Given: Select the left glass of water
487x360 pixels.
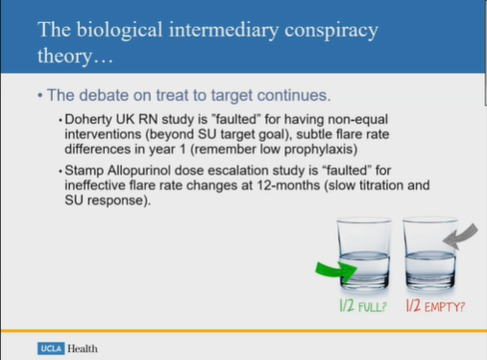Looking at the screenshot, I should [x=373, y=252].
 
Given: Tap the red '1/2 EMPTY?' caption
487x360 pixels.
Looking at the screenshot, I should [x=434, y=307].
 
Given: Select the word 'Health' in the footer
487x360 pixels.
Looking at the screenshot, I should [x=83, y=348].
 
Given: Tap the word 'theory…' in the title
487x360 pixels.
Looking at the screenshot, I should [x=73, y=59].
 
